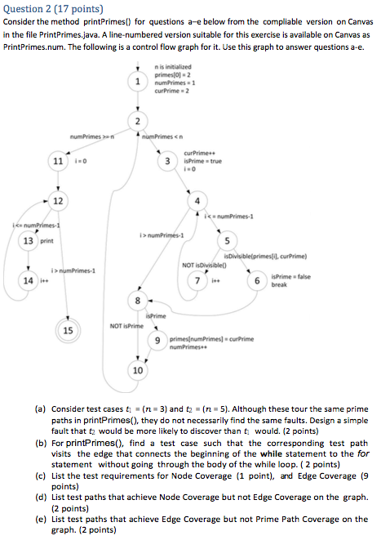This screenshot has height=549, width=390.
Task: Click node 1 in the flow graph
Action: pos(140,82)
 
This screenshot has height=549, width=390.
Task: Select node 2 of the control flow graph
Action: pos(140,122)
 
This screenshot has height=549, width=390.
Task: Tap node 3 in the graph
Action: pos(167,161)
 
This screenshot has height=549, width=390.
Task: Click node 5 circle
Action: pos(226,241)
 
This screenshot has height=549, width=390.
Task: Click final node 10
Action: pos(138,371)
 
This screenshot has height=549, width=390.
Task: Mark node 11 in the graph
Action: pos(59,161)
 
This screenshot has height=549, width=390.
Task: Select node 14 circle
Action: pos(28,281)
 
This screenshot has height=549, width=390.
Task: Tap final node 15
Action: pos(68,331)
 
